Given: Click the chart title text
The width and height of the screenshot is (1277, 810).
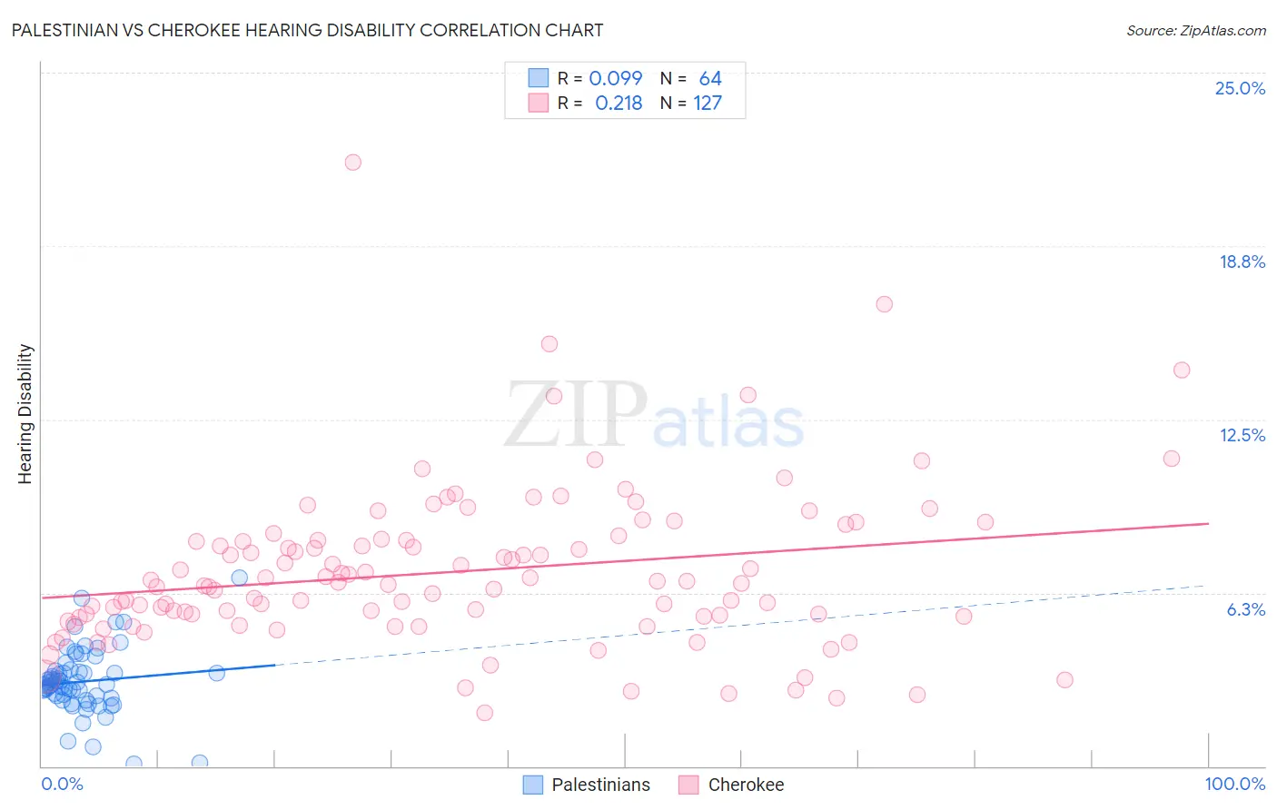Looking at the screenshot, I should [307, 30].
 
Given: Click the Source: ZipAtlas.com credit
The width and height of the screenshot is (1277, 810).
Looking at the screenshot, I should [1195, 31].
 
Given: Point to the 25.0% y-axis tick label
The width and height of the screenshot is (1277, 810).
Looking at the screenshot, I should [1240, 88].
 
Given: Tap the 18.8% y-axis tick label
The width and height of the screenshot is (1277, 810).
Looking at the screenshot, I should [1242, 262].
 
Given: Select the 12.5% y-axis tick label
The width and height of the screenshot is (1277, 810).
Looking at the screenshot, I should [1242, 435].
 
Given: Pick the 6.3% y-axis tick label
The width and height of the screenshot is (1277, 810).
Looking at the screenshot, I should [1245, 609].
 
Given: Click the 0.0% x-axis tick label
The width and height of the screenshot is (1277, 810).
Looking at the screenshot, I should [62, 784].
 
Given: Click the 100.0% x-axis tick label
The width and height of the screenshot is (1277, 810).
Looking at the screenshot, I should [1234, 784].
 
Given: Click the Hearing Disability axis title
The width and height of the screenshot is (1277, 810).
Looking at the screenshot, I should [25, 414].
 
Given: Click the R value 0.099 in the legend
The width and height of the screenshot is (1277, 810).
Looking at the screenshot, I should [615, 79].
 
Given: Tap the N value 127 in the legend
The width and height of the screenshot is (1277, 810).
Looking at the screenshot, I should [708, 104].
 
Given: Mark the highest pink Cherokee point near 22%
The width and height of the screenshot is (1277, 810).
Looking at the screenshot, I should [352, 163].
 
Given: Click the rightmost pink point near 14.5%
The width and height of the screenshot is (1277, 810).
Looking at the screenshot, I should [1182, 370].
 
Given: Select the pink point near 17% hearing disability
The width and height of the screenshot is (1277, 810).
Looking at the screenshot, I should [884, 304].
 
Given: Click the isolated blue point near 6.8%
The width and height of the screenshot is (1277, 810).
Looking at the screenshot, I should [240, 578].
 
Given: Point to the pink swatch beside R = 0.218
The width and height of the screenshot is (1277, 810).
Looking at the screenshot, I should [539, 103].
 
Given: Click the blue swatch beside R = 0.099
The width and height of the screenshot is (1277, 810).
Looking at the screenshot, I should [539, 78].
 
